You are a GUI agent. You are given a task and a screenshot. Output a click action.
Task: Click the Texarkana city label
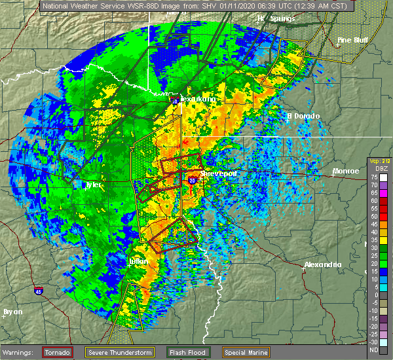point(198,99)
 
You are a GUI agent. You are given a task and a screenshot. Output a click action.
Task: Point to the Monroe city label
point(346,171)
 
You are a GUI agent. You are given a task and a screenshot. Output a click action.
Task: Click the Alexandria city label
point(322,264)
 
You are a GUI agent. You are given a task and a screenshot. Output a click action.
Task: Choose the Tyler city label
point(94,185)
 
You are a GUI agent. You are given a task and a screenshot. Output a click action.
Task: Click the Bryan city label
point(13,312)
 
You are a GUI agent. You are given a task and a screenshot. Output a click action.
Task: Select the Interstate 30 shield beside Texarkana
point(175,101)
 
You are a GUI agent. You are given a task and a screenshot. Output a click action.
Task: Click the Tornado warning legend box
point(58,352)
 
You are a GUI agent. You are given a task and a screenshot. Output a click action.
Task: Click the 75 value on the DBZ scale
point(373,177)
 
